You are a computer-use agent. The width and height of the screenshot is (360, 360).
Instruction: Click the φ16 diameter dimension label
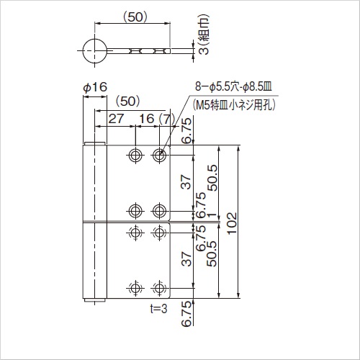95,87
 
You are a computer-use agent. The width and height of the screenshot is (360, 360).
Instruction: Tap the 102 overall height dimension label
232,222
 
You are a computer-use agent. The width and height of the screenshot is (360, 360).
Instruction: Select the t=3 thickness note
158,309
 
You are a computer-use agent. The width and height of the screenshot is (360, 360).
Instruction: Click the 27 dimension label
116,119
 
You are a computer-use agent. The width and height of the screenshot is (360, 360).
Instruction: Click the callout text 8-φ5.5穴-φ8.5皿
233,86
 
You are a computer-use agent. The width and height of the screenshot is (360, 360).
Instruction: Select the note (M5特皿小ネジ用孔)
234,105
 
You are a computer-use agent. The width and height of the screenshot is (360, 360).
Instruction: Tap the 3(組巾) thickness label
204,35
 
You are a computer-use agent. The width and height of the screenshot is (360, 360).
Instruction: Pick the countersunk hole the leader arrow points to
159,156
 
